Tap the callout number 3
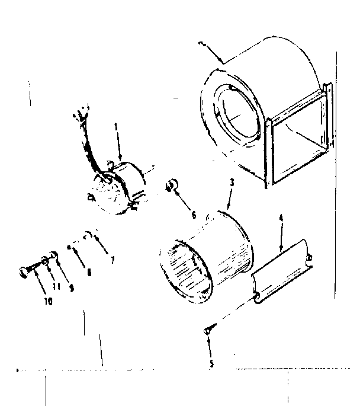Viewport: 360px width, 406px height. (x=232, y=184)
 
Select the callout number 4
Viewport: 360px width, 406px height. (x=281, y=218)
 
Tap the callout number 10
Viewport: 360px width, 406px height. (x=50, y=301)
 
